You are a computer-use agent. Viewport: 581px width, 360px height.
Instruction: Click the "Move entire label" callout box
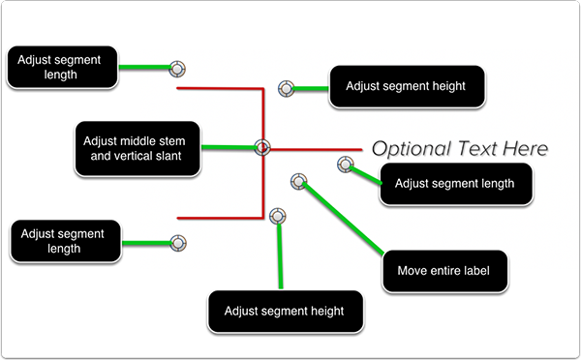coord(445,271)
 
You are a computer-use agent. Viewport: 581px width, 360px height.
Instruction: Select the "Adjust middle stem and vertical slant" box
coord(138,148)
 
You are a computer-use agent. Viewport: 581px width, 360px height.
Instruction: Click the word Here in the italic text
coord(525,148)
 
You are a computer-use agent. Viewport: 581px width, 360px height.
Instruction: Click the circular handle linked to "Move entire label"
coord(298,182)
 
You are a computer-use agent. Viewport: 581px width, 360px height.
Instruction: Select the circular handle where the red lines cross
coord(262,147)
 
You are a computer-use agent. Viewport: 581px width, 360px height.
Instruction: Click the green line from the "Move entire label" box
coord(343,218)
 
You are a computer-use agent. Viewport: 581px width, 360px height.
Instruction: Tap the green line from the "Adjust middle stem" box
coord(229,147)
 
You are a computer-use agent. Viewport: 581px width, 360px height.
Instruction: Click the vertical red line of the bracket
coord(263,153)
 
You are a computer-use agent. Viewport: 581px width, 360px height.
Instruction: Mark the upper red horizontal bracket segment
coord(220,88)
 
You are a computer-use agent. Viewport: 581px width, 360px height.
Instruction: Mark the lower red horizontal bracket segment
coord(220,218)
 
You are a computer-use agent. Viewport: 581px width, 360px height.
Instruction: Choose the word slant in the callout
coord(168,156)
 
